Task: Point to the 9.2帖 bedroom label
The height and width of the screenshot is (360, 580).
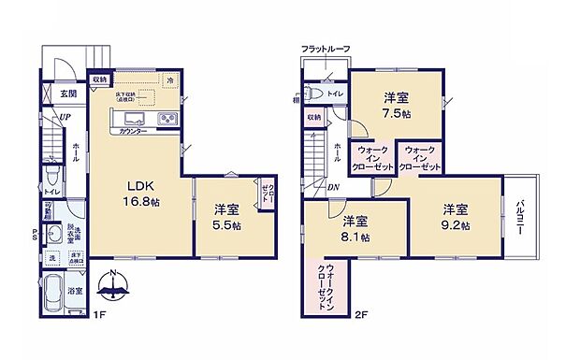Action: pos(456,216)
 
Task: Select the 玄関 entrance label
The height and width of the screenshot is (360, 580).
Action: pos(68,94)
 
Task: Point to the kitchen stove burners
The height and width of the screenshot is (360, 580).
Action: pos(167,120)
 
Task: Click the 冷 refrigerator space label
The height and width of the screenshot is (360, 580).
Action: pos(169,82)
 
